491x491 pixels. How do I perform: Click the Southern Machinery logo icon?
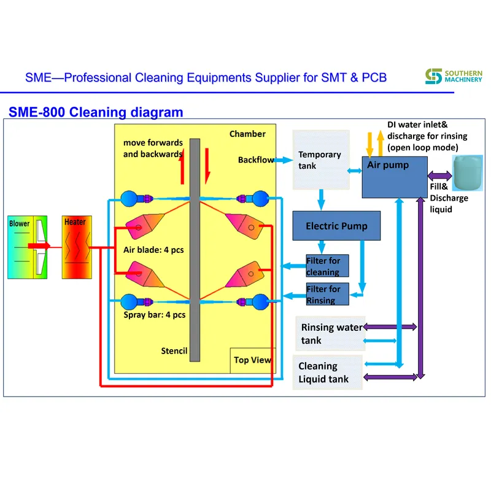(434, 77)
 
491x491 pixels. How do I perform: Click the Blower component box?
(28, 247)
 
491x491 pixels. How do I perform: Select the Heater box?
(76, 247)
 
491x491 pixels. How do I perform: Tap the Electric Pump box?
(336, 226)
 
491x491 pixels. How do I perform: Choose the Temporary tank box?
(320, 160)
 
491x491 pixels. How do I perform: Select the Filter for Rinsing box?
(327, 295)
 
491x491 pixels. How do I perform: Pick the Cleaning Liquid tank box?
(327, 373)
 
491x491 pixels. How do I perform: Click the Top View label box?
(252, 360)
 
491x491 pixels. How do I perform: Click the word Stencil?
(174, 351)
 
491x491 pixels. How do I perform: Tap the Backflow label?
(256, 160)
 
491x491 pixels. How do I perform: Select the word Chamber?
(247, 134)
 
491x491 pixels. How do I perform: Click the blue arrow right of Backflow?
(283, 160)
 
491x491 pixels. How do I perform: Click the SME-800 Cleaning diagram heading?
(96, 112)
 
